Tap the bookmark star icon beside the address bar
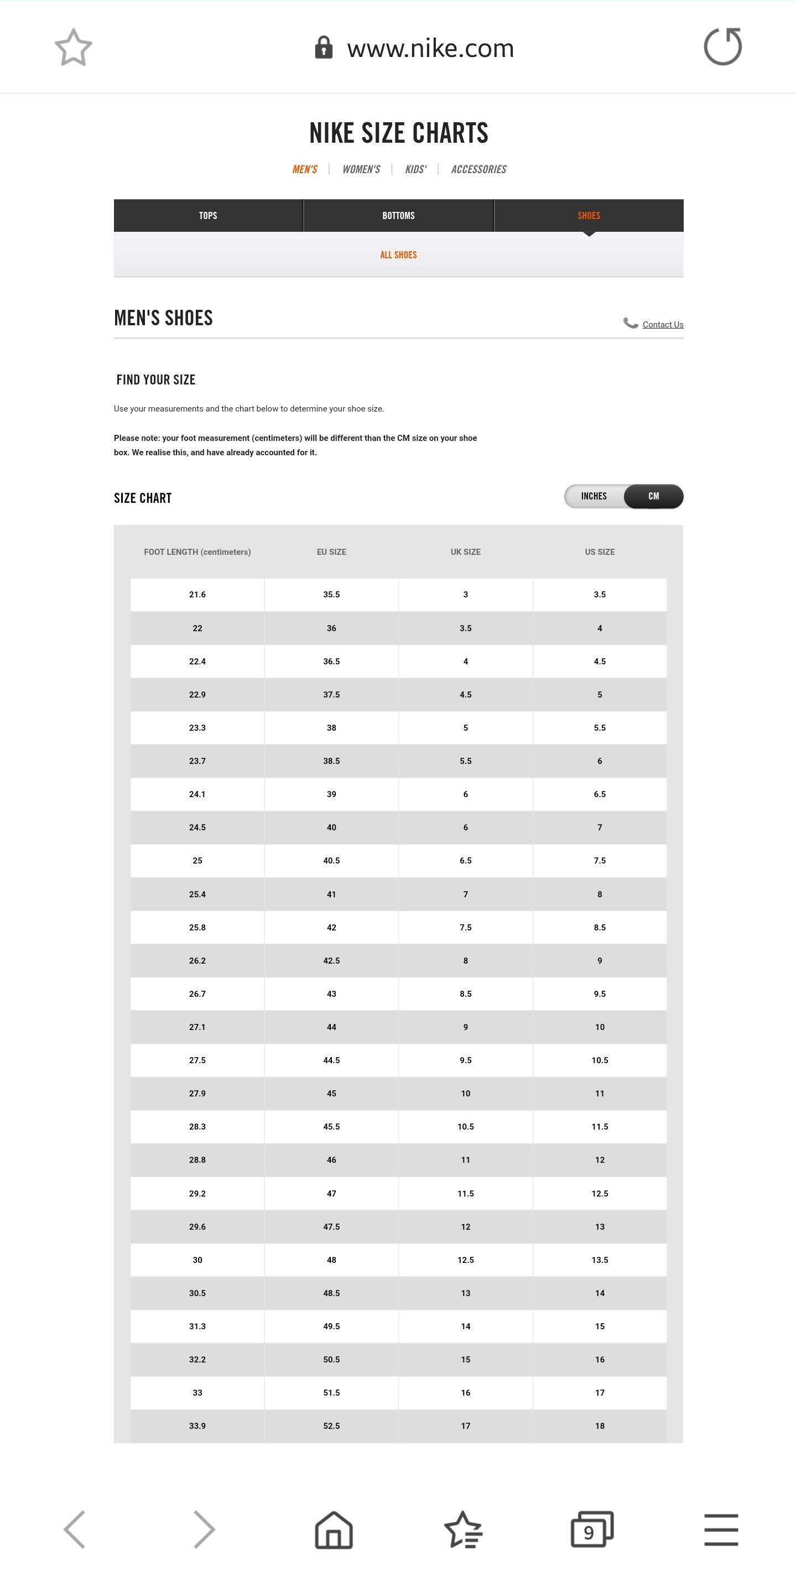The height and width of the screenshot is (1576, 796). click(74, 47)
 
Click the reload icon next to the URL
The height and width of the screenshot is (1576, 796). click(722, 46)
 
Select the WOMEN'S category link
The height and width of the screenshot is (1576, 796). click(361, 169)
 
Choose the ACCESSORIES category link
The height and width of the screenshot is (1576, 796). click(478, 169)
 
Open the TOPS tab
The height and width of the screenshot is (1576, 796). click(208, 215)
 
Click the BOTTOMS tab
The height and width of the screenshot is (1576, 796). click(398, 215)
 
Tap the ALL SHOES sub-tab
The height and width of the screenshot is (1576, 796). click(398, 255)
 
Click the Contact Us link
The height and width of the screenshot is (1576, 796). click(663, 325)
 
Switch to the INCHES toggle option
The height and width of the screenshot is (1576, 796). click(594, 496)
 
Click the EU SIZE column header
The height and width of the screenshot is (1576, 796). click(331, 552)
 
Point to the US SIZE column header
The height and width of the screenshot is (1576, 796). click(600, 552)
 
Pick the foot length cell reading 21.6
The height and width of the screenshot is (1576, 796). click(197, 595)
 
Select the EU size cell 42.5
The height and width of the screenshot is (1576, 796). click(331, 960)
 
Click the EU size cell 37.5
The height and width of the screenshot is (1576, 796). click(331, 694)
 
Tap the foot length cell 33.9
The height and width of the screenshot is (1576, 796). click(197, 1426)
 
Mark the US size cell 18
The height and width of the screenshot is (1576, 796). click(600, 1426)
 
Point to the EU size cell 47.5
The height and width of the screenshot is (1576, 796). click(331, 1226)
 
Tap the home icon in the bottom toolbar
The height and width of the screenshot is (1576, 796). click(334, 1530)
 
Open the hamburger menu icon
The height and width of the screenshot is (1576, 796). click(721, 1530)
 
